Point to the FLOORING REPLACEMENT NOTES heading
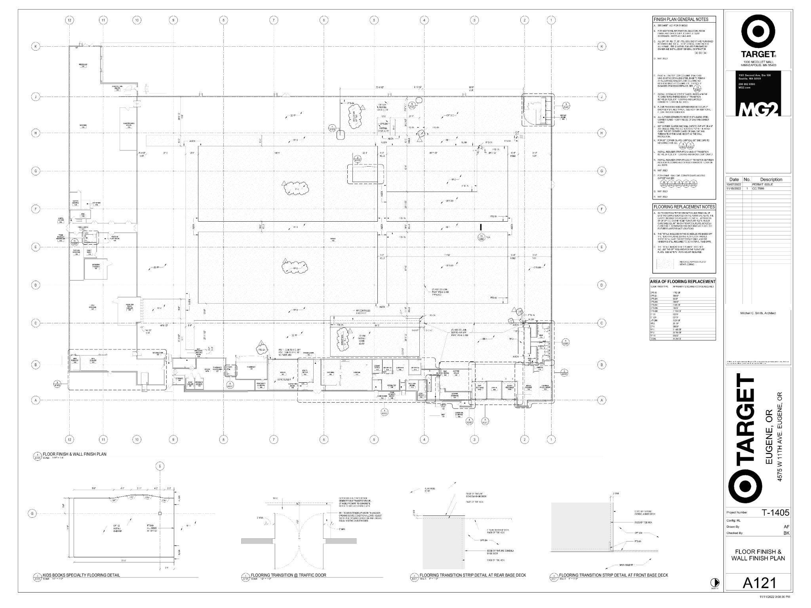pos(684,207)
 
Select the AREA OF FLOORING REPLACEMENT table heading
pos(683,281)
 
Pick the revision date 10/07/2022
pos(733,184)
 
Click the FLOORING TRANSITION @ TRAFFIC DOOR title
pos(288,575)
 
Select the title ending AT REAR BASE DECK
pos(473,575)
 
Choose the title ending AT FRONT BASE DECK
pos(613,575)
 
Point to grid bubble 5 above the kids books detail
pos(160,466)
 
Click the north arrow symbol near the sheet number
pos(714,582)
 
